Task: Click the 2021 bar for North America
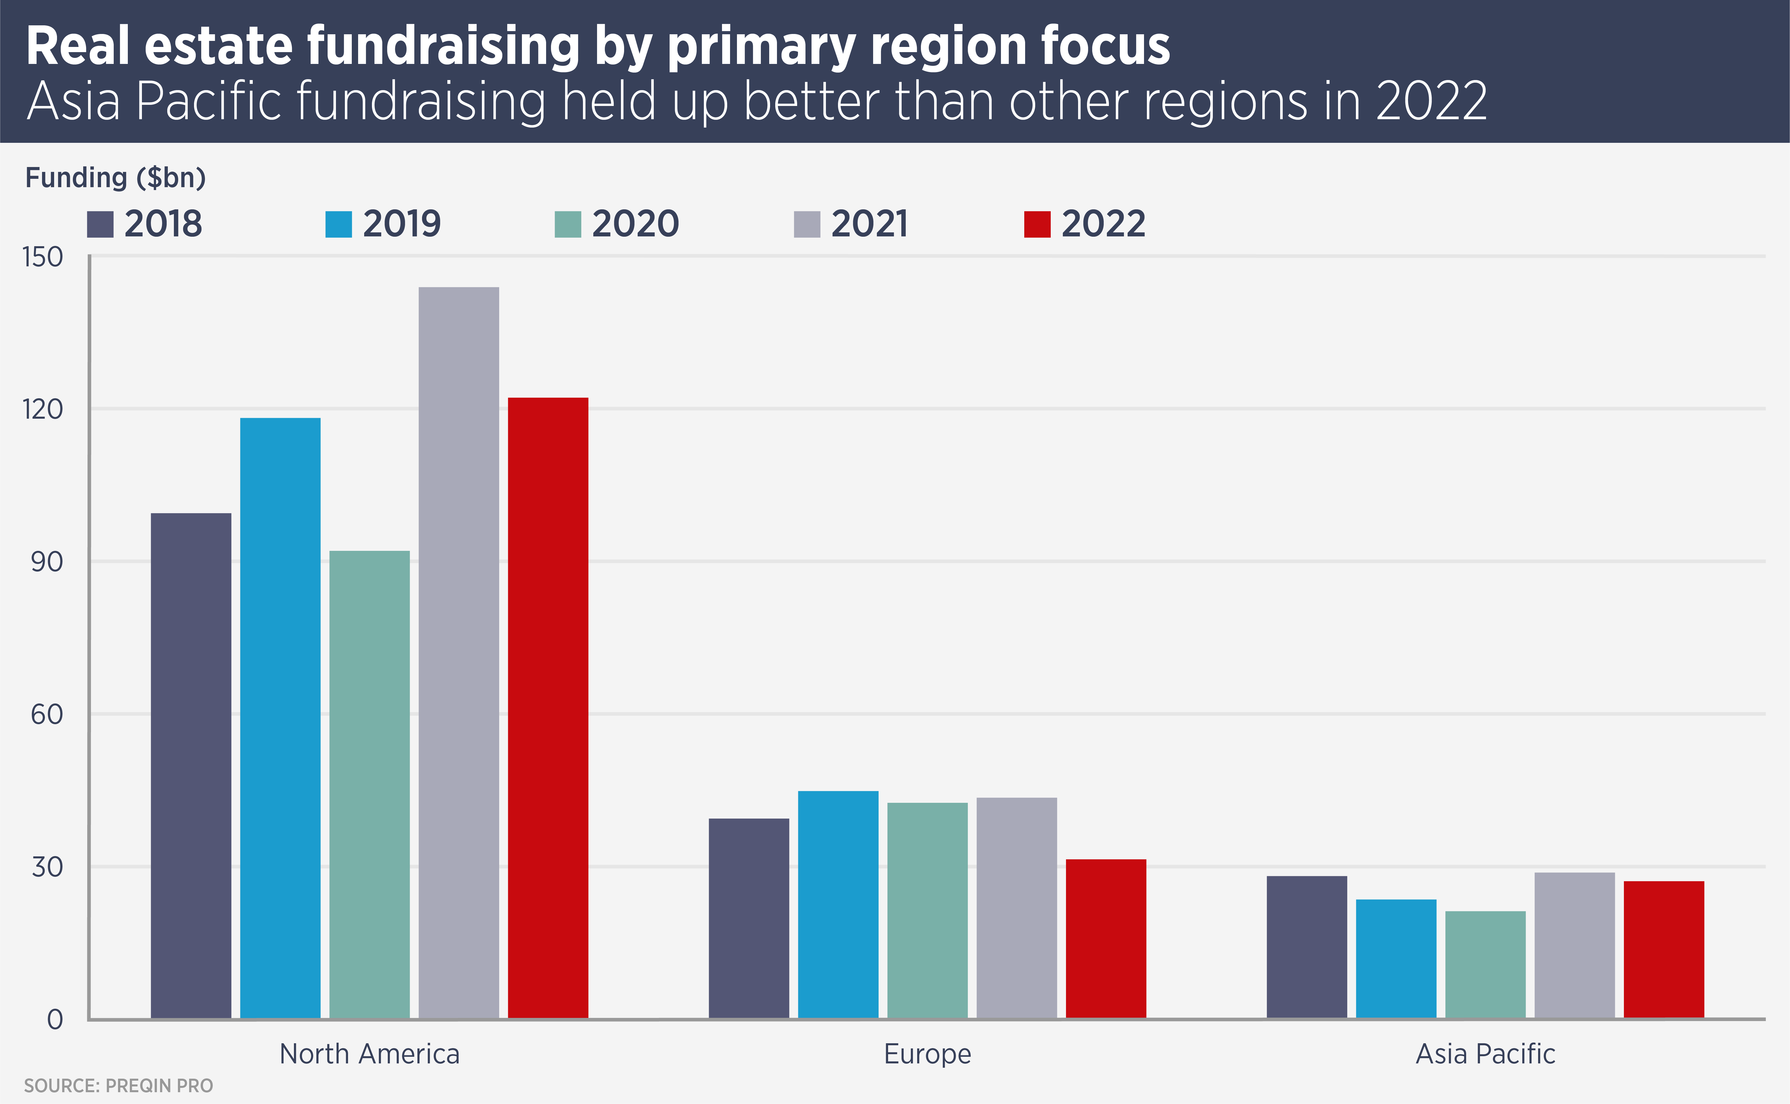pyautogui.click(x=459, y=652)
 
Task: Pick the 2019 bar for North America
pyautogui.click(x=280, y=718)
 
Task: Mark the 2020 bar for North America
pyautogui.click(x=369, y=784)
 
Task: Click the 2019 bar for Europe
pyautogui.click(x=838, y=904)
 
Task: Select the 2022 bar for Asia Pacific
pyautogui.click(x=1664, y=949)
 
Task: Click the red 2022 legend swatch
pyautogui.click(x=1037, y=224)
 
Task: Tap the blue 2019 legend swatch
pyautogui.click(x=338, y=224)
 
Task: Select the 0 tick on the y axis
pyautogui.click(x=55, y=1019)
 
